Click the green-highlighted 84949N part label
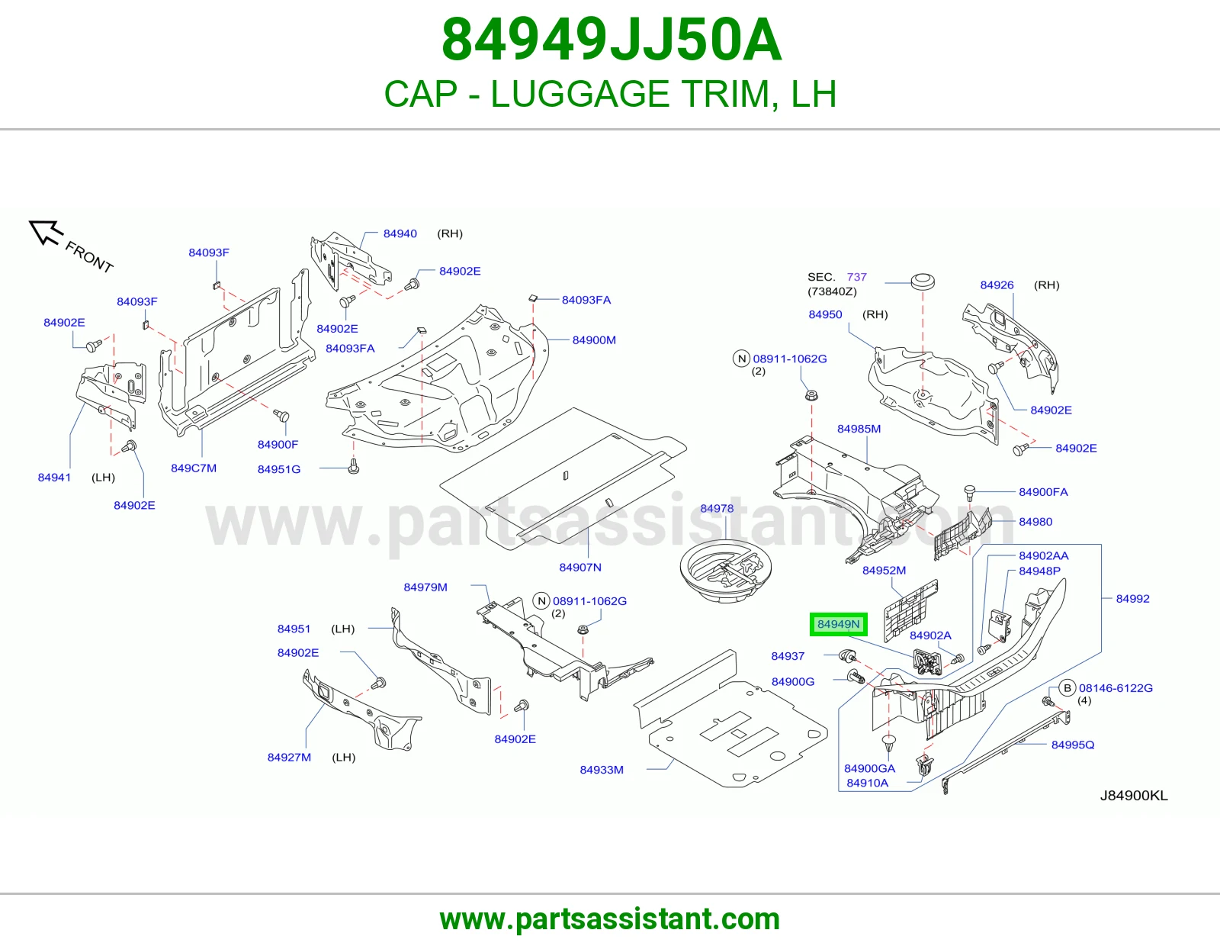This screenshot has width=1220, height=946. coord(838,624)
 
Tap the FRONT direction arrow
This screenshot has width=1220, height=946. coord(45,232)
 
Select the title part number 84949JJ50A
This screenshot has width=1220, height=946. coord(612,40)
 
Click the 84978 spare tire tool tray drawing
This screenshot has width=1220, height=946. coord(725,571)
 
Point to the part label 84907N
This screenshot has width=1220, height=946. coord(580,568)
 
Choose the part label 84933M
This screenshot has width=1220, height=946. coord(602,770)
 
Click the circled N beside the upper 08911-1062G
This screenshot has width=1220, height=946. coord(742,359)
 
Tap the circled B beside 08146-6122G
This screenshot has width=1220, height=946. coord(1067,687)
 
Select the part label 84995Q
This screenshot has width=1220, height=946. coord(1073,745)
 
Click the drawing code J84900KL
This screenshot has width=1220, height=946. coord(1134,796)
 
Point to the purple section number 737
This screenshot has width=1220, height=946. coord(857,277)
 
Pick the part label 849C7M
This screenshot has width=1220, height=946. coord(194,468)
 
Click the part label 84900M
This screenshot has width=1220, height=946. coord(594,339)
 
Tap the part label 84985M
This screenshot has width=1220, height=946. coord(859,429)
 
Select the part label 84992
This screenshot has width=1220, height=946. coord(1132,599)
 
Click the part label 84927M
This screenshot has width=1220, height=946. coord(289,758)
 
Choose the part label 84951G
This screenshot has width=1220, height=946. coord(279,469)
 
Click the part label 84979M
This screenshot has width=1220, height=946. coord(425,587)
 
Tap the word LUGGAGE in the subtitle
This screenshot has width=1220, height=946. coord(580,94)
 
